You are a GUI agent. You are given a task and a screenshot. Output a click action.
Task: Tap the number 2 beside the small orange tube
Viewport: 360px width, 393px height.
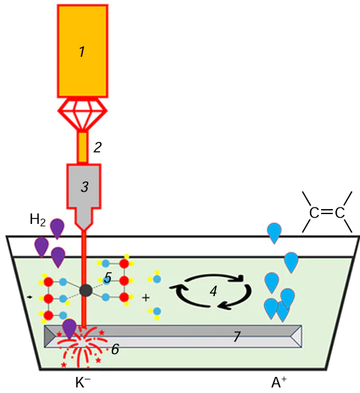coord(96,147)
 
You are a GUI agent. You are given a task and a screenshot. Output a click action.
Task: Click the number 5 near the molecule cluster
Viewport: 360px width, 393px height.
coord(107,279)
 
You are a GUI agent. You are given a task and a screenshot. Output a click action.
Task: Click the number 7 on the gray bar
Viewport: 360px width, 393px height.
coord(235,337)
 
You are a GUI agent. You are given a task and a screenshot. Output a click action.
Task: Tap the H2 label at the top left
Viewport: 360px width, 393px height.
coord(38,219)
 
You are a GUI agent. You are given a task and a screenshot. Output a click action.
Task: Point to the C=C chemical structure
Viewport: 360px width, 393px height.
coord(327,213)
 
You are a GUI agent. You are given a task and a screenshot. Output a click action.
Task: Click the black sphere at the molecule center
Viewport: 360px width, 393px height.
coord(86,289)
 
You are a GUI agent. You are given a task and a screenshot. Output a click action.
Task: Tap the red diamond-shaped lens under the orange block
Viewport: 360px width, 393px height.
coord(82,114)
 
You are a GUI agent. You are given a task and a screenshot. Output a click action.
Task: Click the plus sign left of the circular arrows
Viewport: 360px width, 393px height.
coord(146,297)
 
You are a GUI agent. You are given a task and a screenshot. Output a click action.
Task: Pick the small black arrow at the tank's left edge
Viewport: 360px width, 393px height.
coord(31,297)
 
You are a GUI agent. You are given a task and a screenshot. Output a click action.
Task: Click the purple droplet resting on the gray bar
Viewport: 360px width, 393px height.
coord(70,328)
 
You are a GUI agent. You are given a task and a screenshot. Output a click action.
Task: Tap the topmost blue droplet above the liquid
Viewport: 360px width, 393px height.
coord(275,232)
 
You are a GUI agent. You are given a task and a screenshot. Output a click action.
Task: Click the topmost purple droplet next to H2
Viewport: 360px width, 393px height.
coord(57,227)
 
